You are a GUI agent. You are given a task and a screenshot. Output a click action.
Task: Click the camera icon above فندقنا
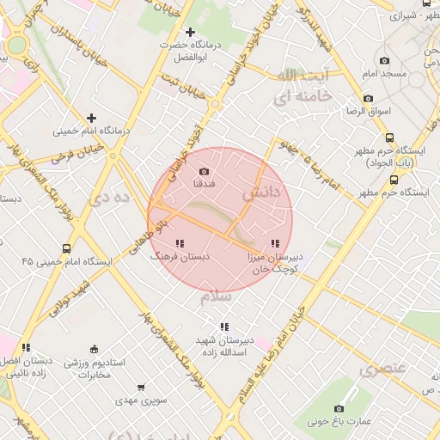click(204, 171)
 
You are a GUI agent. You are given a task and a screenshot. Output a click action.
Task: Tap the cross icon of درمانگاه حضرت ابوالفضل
click(190, 32)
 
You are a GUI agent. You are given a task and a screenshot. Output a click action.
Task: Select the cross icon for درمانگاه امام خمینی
click(91, 118)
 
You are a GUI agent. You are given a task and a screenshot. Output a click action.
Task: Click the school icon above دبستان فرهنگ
click(179, 244)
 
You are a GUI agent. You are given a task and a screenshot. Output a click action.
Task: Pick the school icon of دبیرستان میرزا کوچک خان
click(274, 244)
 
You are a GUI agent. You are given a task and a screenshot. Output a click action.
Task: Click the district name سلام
click(217, 296)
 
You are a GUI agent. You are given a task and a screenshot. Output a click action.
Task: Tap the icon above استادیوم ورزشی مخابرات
click(94, 349)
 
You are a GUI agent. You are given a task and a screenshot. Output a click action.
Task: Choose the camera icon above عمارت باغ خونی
click(339, 408)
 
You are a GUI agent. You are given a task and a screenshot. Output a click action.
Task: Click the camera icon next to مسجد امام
click(384, 60)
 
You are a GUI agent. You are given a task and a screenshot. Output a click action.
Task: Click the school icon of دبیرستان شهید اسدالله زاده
click(223, 327)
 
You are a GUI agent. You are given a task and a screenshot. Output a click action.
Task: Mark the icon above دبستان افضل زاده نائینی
click(26, 347)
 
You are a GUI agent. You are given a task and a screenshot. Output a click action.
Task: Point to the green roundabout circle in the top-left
click(15, 45)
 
